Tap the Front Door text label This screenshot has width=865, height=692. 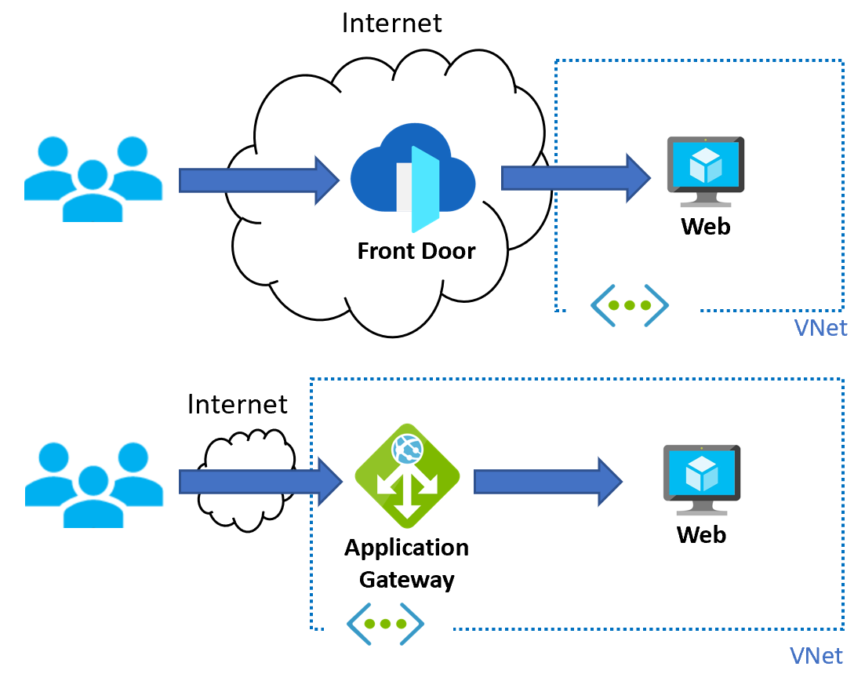(416, 251)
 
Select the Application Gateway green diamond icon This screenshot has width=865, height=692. (407, 474)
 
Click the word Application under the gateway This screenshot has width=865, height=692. (407, 547)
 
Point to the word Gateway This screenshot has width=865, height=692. (407, 580)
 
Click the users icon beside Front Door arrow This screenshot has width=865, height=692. (93, 179)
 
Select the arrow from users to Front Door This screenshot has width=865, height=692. (259, 180)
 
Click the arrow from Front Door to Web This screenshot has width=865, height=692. (576, 178)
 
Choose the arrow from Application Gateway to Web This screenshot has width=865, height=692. (548, 481)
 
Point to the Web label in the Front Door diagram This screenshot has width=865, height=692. (705, 226)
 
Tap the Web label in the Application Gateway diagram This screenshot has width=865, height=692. (702, 534)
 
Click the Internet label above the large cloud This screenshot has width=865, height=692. (392, 22)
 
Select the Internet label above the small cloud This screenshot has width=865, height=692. (238, 404)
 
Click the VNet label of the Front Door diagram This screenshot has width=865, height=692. (821, 327)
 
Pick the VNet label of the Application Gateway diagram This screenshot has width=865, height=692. (816, 655)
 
